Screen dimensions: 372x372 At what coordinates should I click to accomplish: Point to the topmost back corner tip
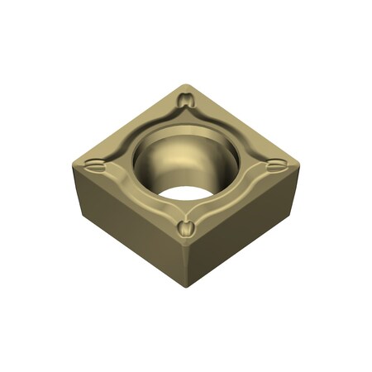[x=188, y=84]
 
